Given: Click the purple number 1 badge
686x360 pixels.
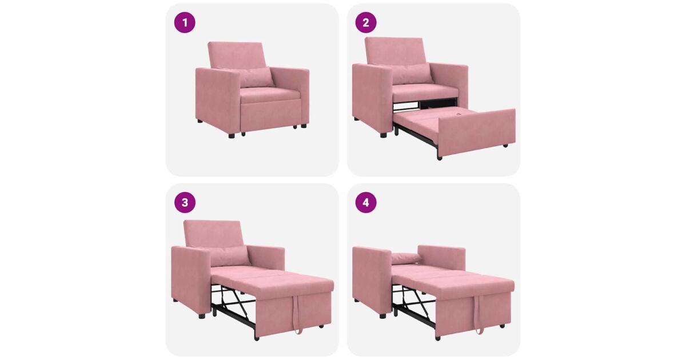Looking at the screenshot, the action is tap(185, 22).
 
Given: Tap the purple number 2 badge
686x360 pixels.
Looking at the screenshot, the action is tap(366, 22).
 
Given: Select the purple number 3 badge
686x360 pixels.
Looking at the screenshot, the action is tap(185, 202).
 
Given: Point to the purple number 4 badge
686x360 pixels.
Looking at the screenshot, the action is tap(366, 202).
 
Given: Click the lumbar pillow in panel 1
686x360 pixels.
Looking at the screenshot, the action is tap(255, 77).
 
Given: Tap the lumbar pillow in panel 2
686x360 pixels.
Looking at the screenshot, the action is tap(411, 74).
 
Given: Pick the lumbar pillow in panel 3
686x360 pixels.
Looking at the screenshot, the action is tap(230, 255).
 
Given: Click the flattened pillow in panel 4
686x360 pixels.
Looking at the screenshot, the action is tap(406, 258).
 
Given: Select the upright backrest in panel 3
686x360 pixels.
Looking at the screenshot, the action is tap(213, 233).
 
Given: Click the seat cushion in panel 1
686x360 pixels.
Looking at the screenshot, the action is tap(269, 95).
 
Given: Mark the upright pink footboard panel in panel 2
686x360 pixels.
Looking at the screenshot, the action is tap(477, 132).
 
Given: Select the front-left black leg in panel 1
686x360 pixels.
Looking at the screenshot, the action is tap(231, 135).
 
